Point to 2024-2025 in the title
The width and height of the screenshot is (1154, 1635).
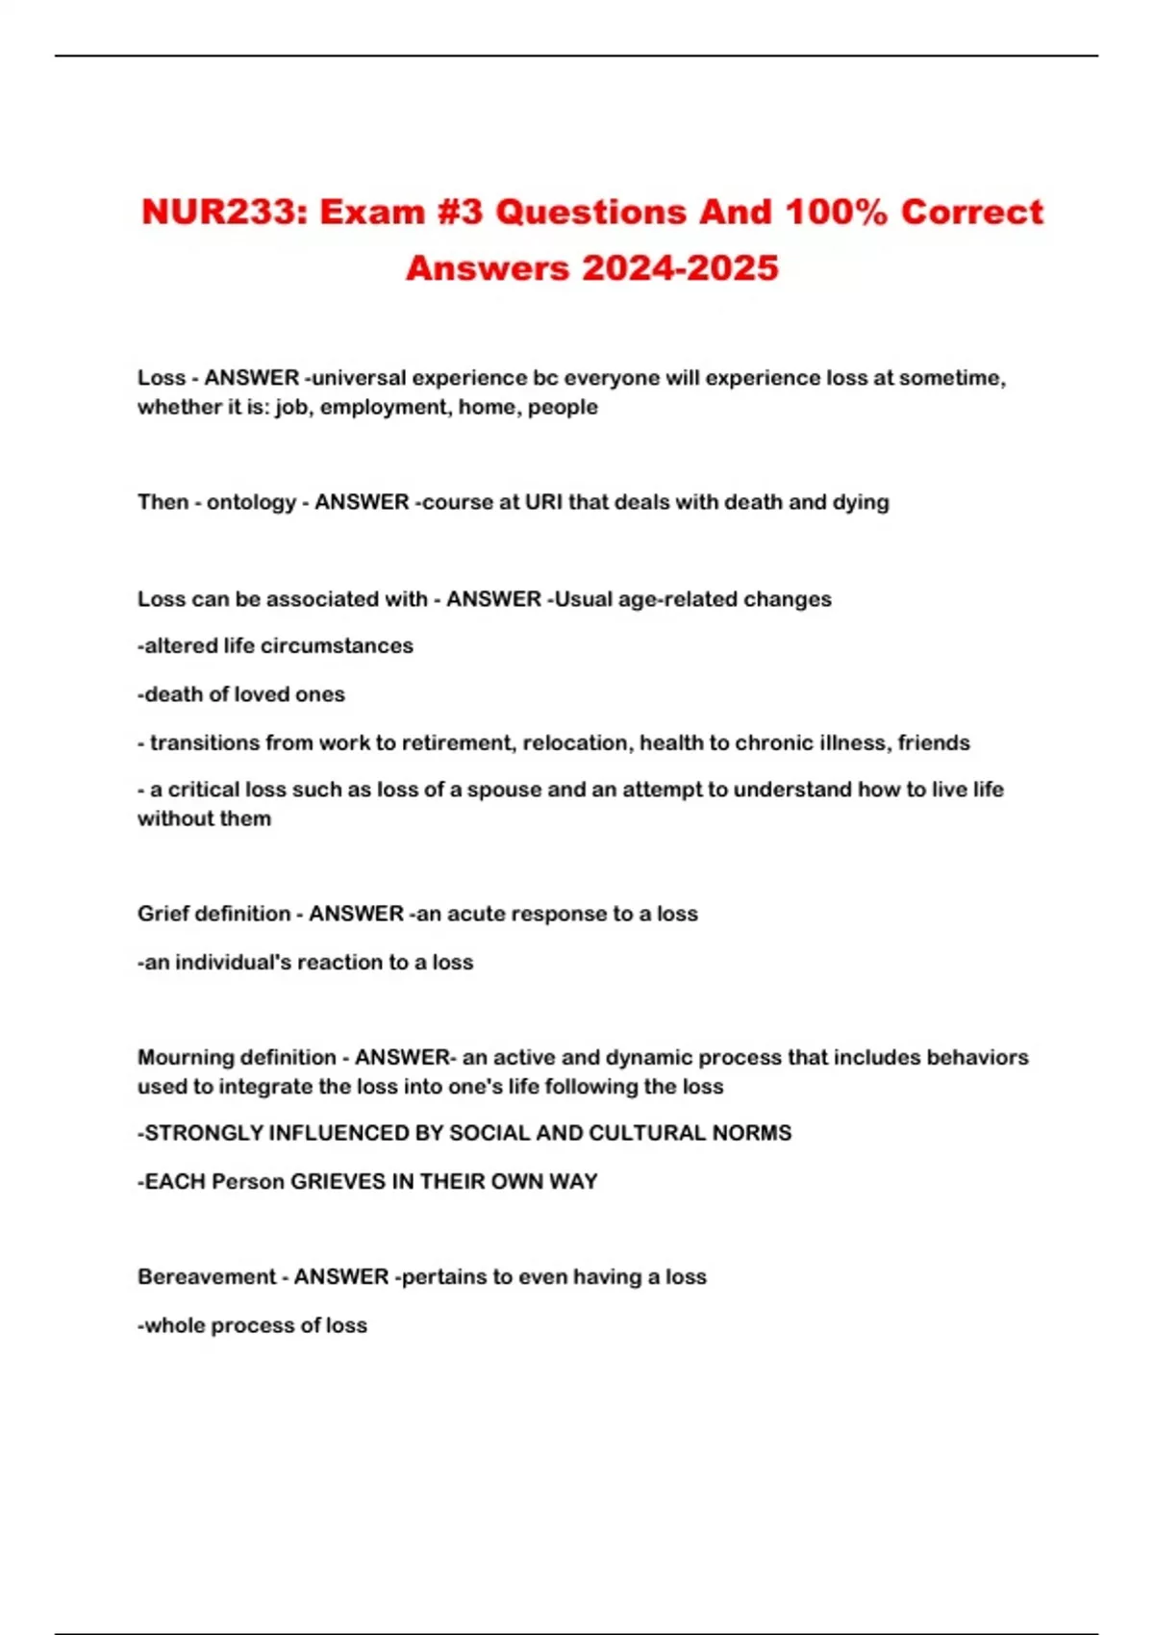[680, 268]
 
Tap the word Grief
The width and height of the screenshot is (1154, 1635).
[163, 914]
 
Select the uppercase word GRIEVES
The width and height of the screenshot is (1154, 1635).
[339, 1182]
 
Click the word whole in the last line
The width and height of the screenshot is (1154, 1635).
[174, 1325]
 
